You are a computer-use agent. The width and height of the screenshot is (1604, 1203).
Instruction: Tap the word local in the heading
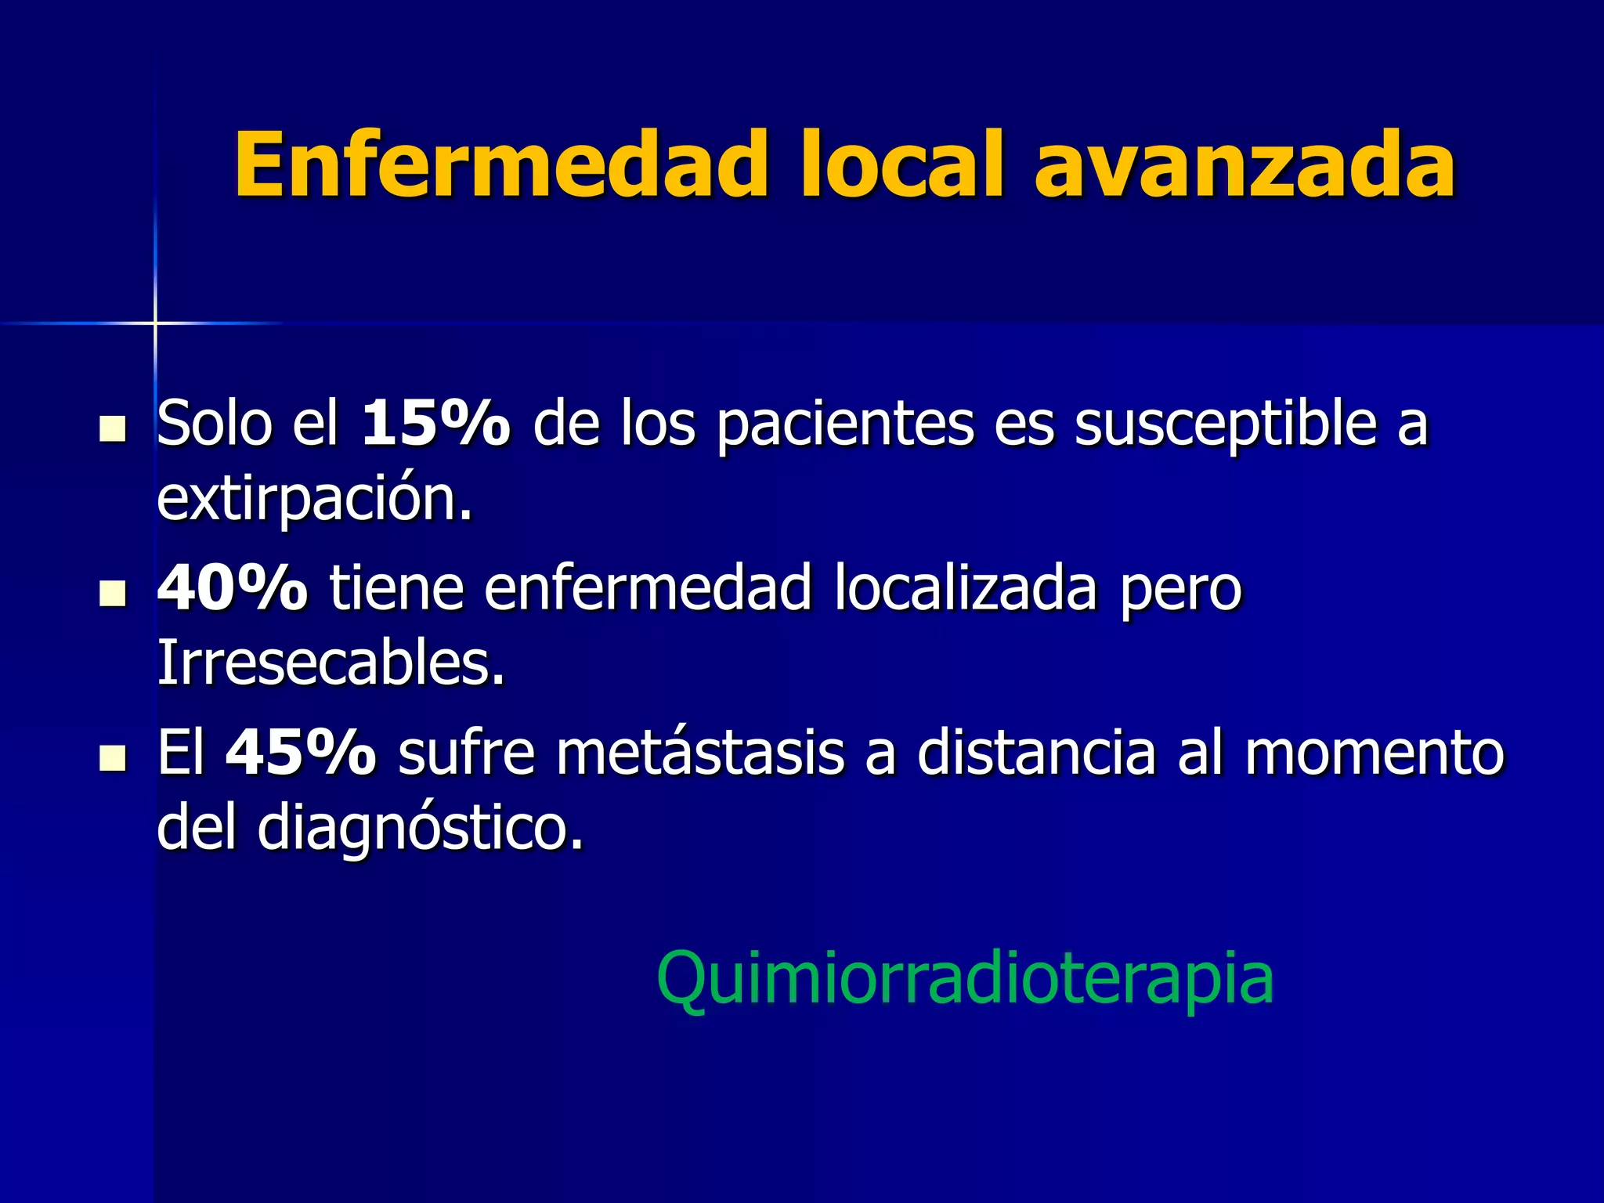point(901,165)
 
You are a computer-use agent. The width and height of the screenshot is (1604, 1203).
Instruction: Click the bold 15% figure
point(435,424)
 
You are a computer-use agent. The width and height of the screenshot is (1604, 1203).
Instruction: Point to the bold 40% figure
point(233,588)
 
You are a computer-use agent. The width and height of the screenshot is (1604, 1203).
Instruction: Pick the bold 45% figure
point(301,753)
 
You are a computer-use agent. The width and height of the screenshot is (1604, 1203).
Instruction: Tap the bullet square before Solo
point(114,429)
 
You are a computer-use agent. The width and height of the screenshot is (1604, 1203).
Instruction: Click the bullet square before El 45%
point(114,758)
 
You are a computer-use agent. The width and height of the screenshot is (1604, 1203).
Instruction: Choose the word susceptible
point(1225,424)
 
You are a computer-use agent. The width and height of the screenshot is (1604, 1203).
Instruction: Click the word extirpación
point(313,499)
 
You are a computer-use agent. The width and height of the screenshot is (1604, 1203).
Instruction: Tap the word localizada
point(965,588)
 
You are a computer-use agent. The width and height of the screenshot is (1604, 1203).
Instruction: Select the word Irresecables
point(330,663)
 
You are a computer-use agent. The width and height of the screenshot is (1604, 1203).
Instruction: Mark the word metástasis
point(700,753)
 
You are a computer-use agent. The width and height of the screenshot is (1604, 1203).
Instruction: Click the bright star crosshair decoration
point(155,322)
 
